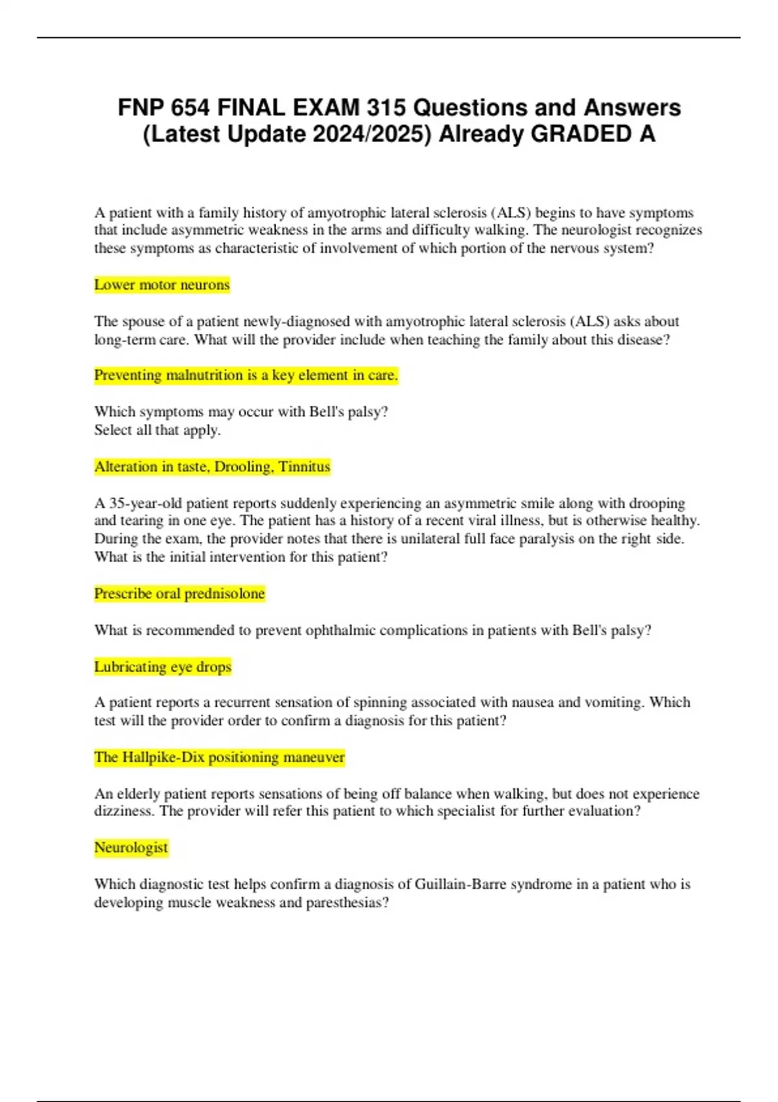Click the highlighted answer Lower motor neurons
tap(162, 285)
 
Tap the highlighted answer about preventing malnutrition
tap(246, 375)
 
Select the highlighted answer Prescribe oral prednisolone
tap(180, 594)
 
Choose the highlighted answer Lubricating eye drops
tap(163, 667)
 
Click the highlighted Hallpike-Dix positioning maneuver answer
tap(219, 757)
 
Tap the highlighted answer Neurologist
tap(131, 847)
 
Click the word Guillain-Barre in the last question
tap(460, 884)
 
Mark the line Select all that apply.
tap(158, 430)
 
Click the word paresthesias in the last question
tap(347, 902)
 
